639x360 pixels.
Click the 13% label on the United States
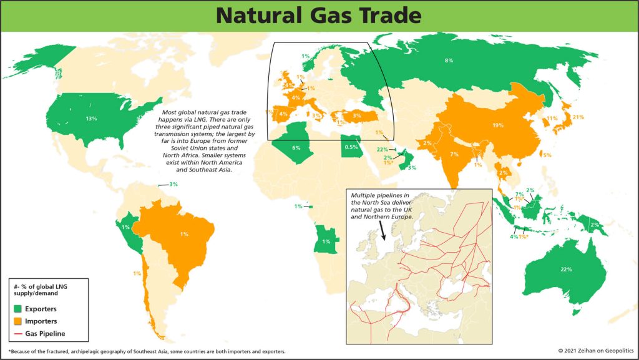click(x=92, y=118)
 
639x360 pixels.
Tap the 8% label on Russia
click(x=448, y=61)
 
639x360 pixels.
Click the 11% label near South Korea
click(x=552, y=119)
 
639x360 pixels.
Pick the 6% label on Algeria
click(x=296, y=148)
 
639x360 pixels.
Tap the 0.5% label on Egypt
click(x=351, y=147)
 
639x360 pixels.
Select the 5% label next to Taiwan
click(x=547, y=155)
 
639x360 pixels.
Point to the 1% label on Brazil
click(x=184, y=234)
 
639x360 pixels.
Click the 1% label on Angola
click(x=326, y=241)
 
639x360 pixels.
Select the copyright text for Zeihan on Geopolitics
click(x=591, y=352)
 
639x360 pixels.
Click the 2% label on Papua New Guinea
click(x=594, y=225)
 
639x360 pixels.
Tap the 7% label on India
click(x=454, y=153)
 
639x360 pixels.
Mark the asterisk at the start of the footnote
click(x=10, y=352)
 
